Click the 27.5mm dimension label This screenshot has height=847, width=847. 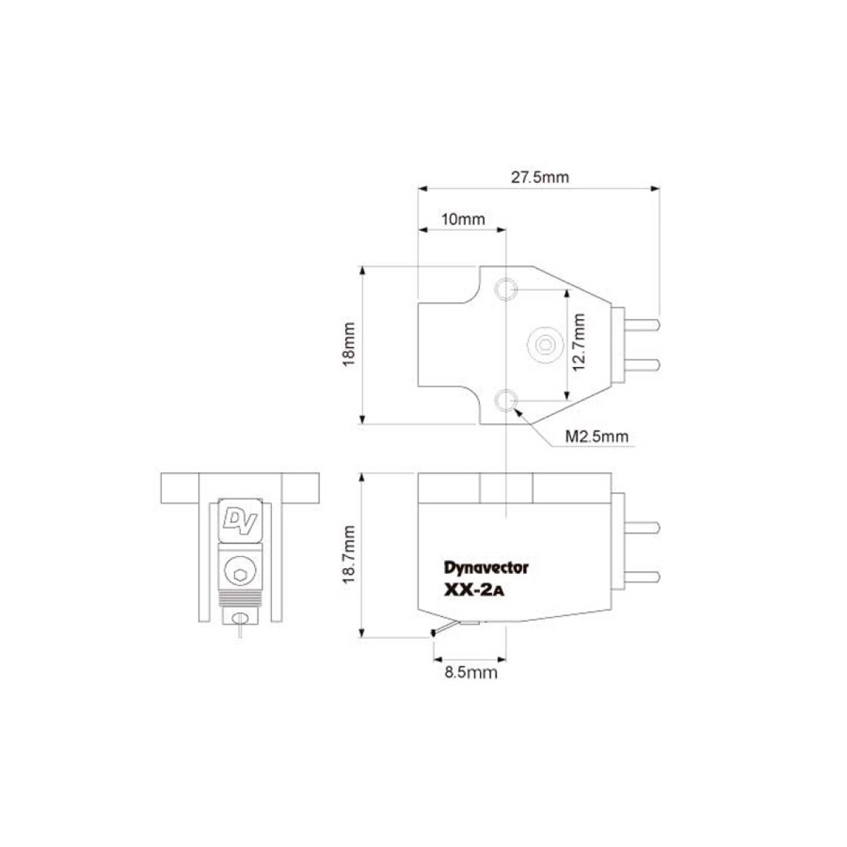[540, 178]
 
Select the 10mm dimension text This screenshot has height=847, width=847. [463, 219]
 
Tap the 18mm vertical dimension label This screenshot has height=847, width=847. [349, 344]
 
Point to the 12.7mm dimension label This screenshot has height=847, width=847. [579, 342]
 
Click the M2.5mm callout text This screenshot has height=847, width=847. [596, 436]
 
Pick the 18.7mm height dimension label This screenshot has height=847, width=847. [349, 554]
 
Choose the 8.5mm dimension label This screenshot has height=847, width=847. [471, 673]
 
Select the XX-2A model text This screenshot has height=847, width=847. [474, 590]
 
